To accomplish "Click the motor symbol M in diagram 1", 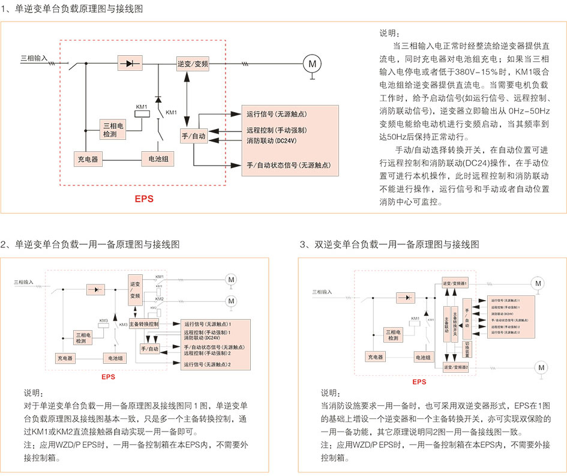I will click(x=311, y=62).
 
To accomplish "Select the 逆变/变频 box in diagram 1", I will click(x=193, y=63).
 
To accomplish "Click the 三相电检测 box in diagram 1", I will click(x=113, y=130).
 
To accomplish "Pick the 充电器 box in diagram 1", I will click(x=88, y=159).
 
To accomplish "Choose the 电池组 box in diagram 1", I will click(x=157, y=159).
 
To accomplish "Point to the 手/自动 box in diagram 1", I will click(x=194, y=137).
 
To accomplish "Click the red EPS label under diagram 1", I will click(x=143, y=198).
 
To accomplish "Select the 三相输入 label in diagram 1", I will click(x=34, y=58).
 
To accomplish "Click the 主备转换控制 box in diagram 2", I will click(x=144, y=324).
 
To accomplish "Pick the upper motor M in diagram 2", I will click(x=231, y=279).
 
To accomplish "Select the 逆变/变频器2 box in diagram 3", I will click(x=460, y=366).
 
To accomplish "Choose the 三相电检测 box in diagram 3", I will click(x=393, y=334).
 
